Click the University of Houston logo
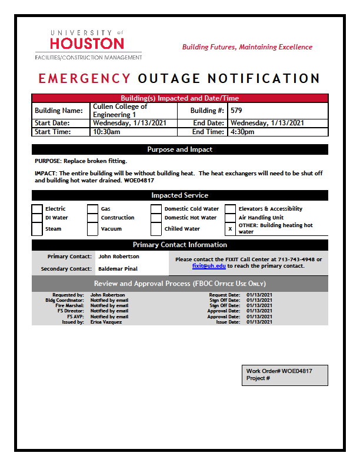88,44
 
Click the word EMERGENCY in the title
84,79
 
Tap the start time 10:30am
106,132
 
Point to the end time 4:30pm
242,132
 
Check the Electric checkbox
37,209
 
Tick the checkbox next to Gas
92,209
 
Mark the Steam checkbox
37,229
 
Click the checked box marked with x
230,229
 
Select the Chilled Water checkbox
156,229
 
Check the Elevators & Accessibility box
230,209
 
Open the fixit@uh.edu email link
209,266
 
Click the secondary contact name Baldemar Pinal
118,269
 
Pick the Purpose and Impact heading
180,149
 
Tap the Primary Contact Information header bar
180,245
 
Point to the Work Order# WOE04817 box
285,375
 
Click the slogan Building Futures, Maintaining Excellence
247,47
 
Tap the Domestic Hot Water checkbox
156,218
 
